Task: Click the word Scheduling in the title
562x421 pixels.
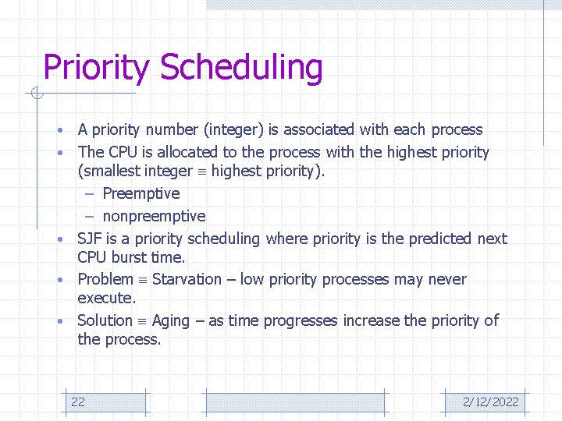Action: [241, 69]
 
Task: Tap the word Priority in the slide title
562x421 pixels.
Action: [96, 69]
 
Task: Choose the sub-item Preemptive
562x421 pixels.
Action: [140, 193]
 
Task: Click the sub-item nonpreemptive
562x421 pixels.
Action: [154, 216]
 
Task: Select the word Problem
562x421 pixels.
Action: [105, 280]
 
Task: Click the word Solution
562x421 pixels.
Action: [105, 320]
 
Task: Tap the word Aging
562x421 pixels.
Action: [171, 321]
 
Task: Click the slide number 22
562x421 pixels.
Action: [78, 402]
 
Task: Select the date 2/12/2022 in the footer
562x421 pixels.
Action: [490, 402]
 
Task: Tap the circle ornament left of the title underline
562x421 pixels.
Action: [36, 94]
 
